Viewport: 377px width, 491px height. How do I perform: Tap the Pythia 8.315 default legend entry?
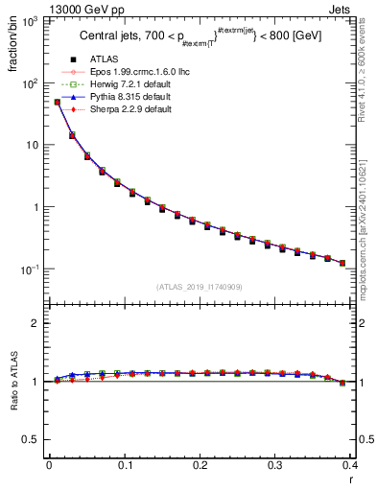pyautogui.click(x=123, y=109)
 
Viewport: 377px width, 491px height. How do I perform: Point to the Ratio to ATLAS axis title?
pyautogui.click(x=12, y=384)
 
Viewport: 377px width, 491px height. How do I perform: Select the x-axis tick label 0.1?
pyautogui.click(x=125, y=467)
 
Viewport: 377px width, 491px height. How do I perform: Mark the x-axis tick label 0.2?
pyautogui.click(x=200, y=467)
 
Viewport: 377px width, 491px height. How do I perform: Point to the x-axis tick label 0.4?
pyautogui.click(x=351, y=467)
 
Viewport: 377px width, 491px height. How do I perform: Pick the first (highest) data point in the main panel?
pyautogui.click(x=57, y=102)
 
